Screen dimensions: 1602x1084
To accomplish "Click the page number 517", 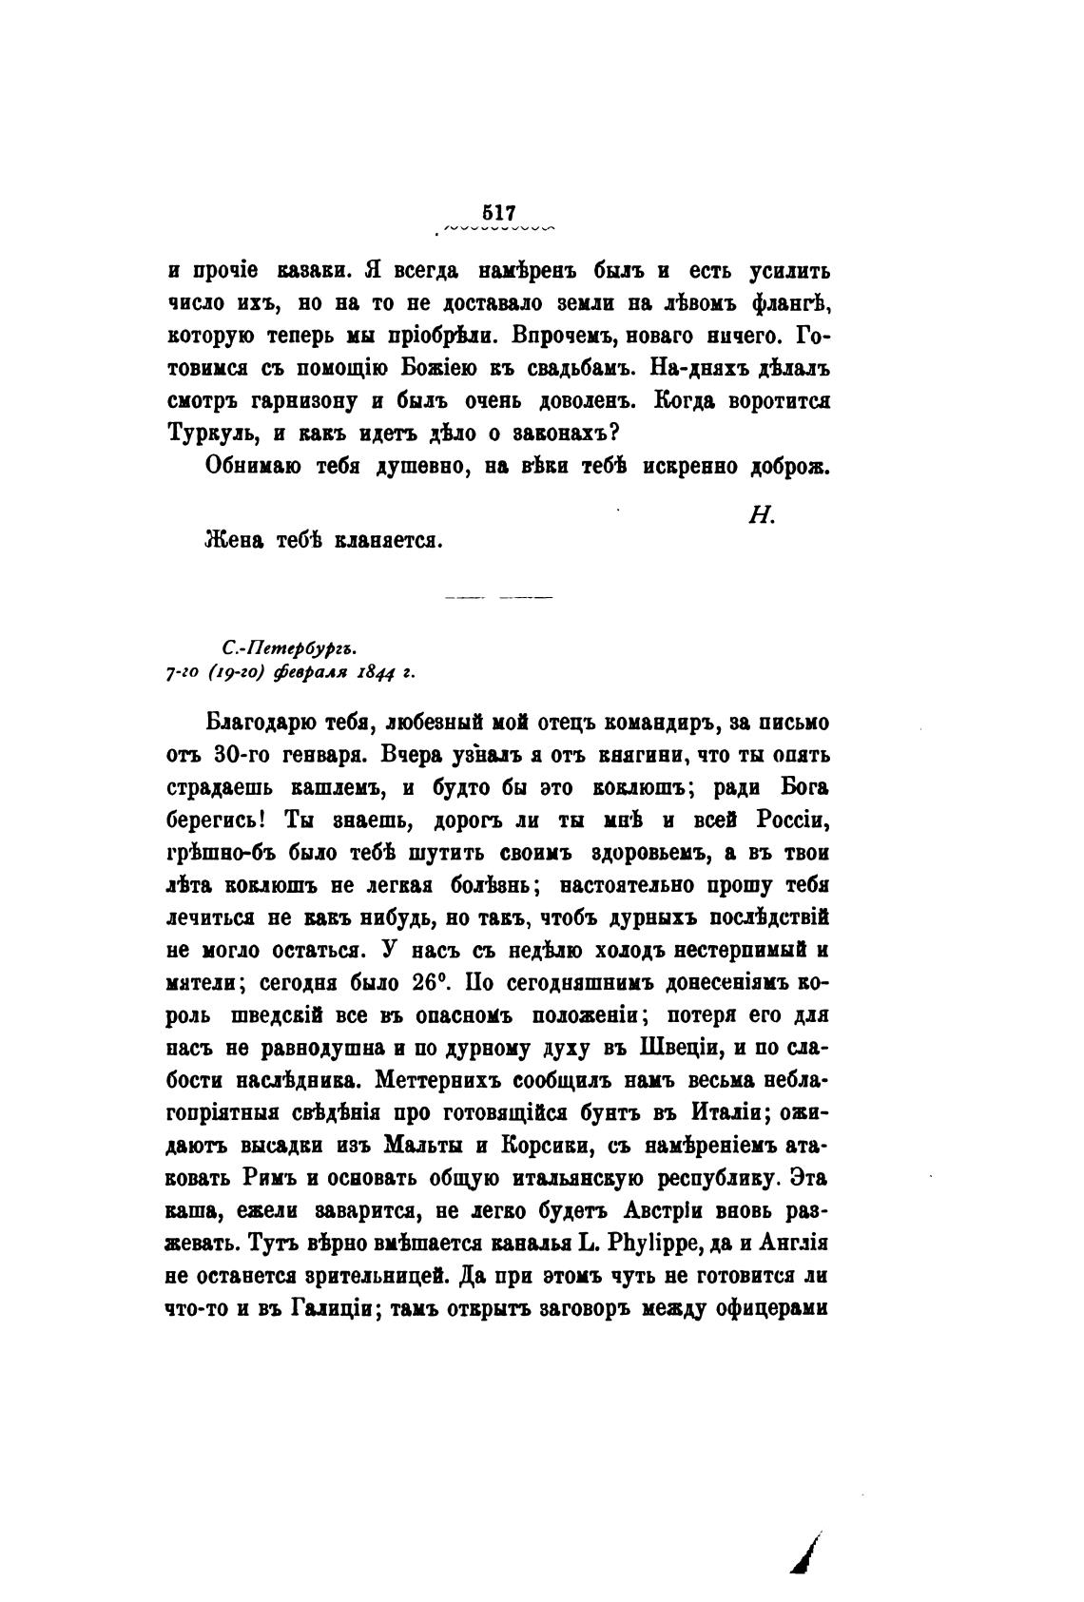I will [498, 213].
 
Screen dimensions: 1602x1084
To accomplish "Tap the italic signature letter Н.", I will [764, 515].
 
